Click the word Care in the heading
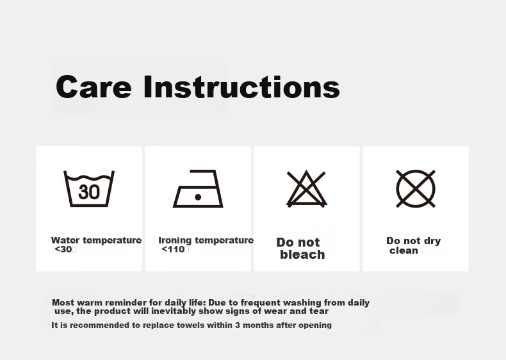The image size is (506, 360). click(94, 87)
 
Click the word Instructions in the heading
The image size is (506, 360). click(241, 86)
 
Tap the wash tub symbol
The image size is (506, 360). click(89, 188)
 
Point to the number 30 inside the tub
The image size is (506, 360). click(89, 192)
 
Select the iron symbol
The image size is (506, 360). click(198, 188)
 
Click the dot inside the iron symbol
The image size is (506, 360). click(198, 197)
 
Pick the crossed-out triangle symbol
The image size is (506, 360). click(307, 189)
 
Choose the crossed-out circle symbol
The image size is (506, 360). click(416, 189)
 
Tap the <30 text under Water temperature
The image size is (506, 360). click(65, 249)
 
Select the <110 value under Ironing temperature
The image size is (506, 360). click(175, 249)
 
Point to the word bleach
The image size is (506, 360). click(302, 254)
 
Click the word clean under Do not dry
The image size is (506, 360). click(404, 250)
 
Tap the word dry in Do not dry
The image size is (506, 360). click(432, 241)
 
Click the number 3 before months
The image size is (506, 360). click(238, 325)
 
